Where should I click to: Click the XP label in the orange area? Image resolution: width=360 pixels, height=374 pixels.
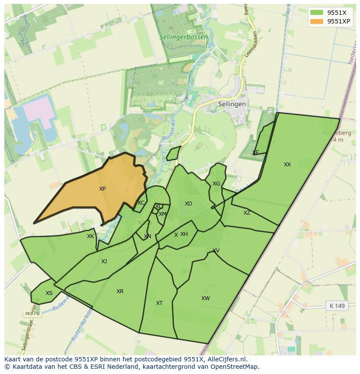[102, 189]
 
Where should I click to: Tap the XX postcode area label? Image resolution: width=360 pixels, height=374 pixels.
[287, 165]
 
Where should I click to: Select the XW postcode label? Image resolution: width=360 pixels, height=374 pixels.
[205, 298]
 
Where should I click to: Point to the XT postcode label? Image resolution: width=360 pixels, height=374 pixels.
[159, 303]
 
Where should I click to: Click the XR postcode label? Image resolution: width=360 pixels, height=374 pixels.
[120, 291]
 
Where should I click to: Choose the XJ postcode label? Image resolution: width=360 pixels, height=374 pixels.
[104, 261]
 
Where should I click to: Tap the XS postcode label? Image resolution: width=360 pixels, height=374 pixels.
[49, 293]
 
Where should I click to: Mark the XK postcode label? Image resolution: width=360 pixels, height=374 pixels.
[90, 236]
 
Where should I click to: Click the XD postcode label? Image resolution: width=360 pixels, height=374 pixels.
[188, 204]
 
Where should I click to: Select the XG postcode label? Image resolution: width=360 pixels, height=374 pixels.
[216, 184]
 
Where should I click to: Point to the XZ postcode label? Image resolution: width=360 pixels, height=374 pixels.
[247, 213]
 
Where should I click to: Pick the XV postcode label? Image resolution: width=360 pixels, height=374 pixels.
[216, 251]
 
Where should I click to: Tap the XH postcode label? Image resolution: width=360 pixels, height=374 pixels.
[184, 234]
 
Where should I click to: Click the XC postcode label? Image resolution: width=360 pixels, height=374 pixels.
[141, 203]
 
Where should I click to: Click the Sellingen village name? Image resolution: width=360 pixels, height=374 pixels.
[232, 104]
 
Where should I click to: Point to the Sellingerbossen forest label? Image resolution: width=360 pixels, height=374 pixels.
[183, 37]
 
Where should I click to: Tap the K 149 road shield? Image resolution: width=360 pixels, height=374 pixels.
[337, 306]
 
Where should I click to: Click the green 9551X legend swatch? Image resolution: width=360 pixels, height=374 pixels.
[317, 13]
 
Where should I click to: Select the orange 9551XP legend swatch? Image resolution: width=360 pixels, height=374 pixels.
[317, 21]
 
